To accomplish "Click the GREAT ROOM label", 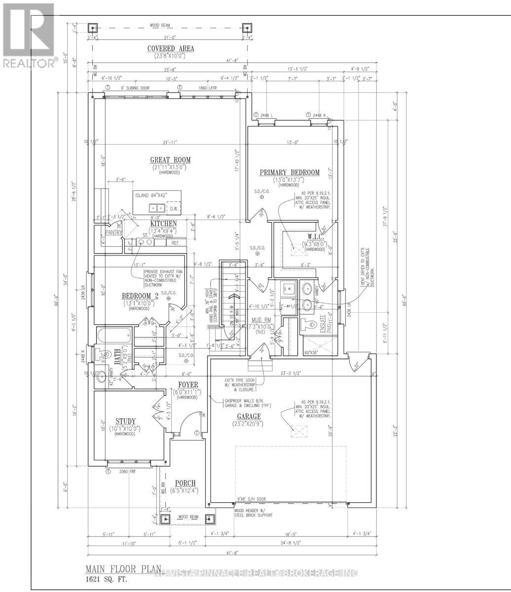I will pos(171,160).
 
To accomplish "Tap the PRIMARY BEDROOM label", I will pos(290,173).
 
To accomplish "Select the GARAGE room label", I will pos(247,416).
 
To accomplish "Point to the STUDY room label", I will pos(126,421).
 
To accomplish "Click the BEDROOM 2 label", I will pos(140,296).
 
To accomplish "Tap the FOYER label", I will pos(188,384).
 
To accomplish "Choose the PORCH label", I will pos(185,482).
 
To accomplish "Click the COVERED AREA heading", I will pos(171,48).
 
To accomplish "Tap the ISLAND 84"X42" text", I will pos(151,195).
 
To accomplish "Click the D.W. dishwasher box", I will pos(173,209).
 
